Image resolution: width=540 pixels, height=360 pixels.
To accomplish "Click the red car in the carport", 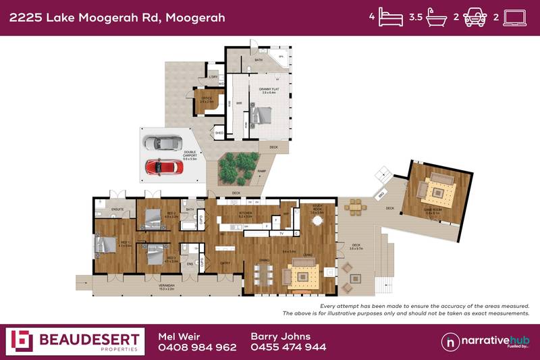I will coord(163,165).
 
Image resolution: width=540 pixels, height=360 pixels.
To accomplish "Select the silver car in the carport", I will coord(163,143).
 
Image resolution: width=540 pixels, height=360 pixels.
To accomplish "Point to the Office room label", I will coord(207,99).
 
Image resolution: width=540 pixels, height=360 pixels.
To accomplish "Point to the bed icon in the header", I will coord(391,18).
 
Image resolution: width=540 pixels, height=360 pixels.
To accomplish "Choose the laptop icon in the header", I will coord(516,18).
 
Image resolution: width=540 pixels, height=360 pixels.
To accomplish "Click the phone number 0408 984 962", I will coord(197,347).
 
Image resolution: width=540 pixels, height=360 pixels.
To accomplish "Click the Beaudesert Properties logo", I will coord(75,341).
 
